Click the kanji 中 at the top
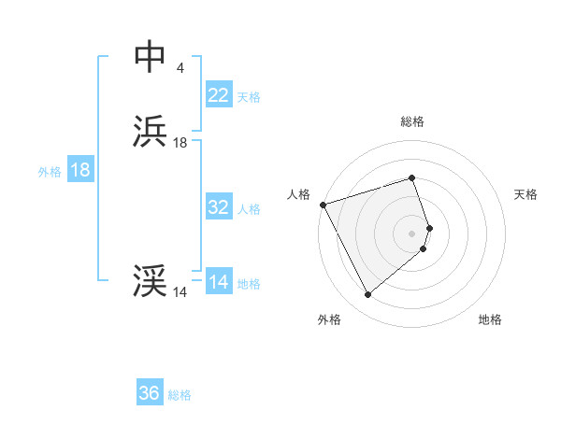[150, 57]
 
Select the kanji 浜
[150, 133]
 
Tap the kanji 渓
[150, 281]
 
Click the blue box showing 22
[218, 95]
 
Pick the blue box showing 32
[218, 207]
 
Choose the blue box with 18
[80, 170]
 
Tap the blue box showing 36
[150, 393]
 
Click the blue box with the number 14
[218, 282]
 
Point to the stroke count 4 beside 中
[180, 68]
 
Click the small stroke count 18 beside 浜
[180, 143]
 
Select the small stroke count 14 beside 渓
[180, 292]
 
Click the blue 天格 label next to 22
[249, 97]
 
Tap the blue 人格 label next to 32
[249, 209]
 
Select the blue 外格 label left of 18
[50, 172]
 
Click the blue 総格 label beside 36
[180, 395]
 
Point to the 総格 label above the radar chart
[412, 121]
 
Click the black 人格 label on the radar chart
[298, 194]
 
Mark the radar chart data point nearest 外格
[367, 295]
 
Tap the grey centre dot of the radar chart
[412, 233]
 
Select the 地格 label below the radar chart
[490, 320]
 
